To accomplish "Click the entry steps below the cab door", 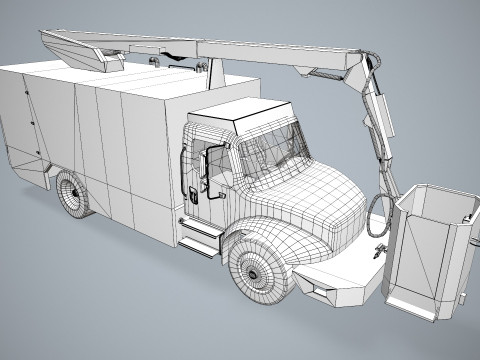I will pos(200,238).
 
